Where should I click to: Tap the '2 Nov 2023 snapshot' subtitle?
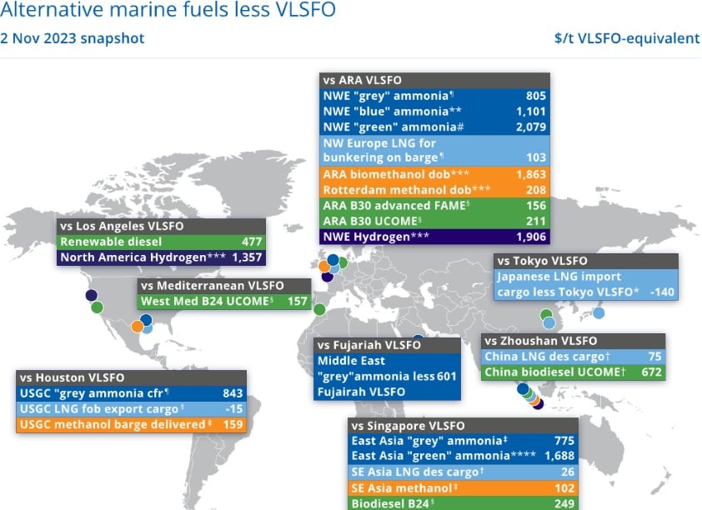pos(73,38)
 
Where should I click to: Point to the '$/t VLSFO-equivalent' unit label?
pos(627,38)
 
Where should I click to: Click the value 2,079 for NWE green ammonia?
pos(530,127)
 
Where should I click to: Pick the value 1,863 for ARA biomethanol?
pos(530,174)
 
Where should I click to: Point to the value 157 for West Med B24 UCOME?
pos(296,301)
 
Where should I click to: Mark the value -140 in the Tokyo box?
pos(662,292)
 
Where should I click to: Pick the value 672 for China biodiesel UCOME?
pos(650,372)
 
